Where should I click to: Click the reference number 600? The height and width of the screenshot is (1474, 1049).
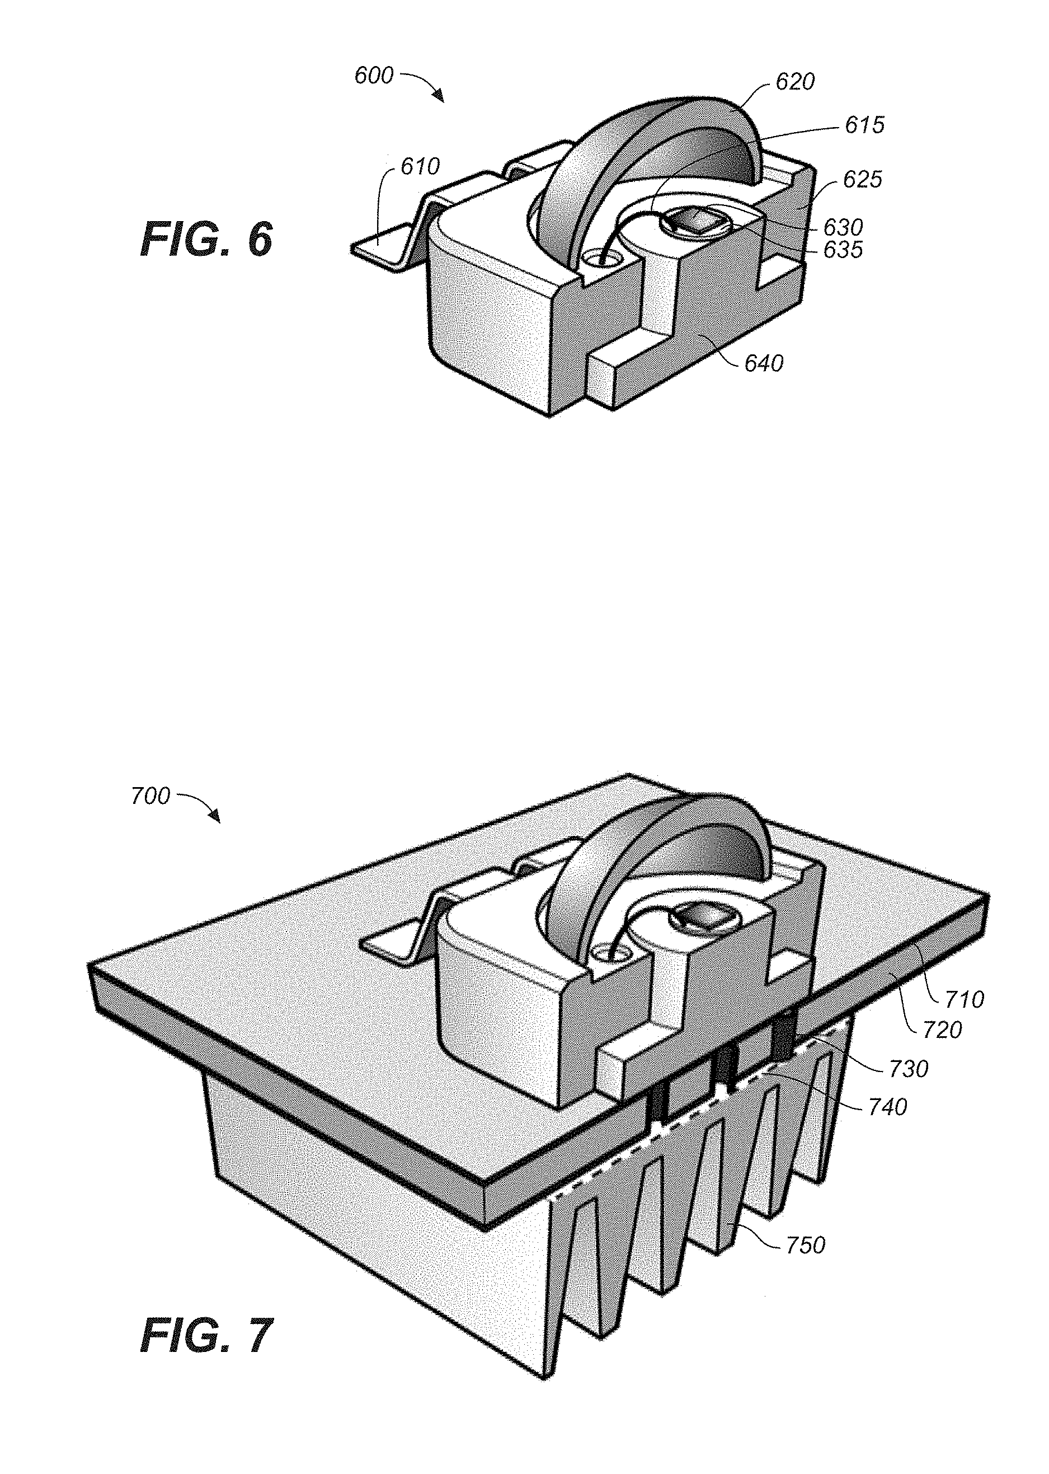click(373, 76)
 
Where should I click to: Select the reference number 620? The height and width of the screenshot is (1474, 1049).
click(795, 82)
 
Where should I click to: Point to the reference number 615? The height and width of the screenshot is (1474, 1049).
click(864, 125)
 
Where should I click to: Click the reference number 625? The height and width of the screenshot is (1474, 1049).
click(862, 179)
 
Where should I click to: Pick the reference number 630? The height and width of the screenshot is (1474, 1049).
click(843, 227)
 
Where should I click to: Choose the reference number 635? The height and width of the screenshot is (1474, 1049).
click(843, 250)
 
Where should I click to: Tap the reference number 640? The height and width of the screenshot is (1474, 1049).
click(764, 363)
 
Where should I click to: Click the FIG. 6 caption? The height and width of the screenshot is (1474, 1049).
click(206, 239)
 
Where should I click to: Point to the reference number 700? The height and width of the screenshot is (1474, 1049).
click(150, 796)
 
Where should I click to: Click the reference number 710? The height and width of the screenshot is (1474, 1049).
click(965, 1000)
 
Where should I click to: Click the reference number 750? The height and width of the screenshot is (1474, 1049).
click(806, 1244)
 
